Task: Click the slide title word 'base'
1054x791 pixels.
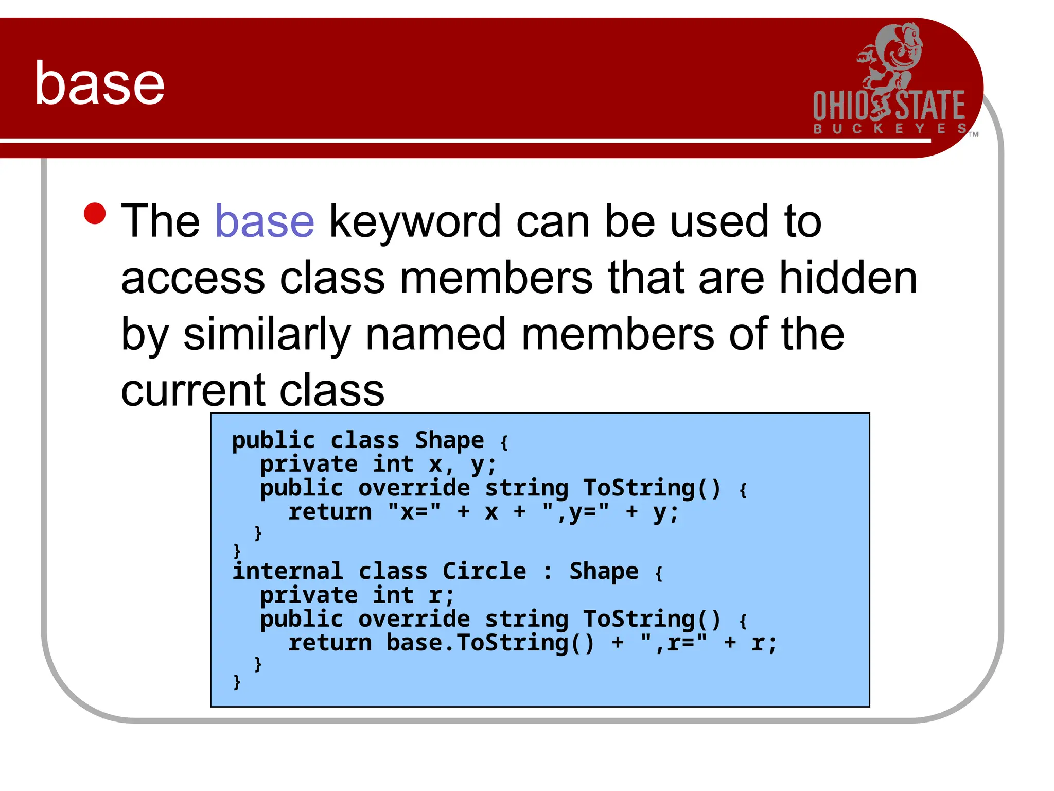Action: [99, 83]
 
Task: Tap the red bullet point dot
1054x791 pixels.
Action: [95, 214]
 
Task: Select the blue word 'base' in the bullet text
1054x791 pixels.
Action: [264, 221]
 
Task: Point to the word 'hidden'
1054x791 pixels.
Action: [848, 278]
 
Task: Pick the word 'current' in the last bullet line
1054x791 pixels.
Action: [192, 390]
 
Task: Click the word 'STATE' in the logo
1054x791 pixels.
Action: [930, 106]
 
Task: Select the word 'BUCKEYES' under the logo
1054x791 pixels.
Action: [890, 129]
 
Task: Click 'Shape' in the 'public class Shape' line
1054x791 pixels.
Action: [449, 440]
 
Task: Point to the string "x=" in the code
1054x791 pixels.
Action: [414, 512]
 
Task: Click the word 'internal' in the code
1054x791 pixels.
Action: [288, 571]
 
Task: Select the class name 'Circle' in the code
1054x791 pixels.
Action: [484, 571]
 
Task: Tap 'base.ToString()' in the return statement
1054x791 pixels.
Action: [490, 643]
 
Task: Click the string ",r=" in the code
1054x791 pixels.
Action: [674, 643]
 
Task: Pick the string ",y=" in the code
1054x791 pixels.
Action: [575, 512]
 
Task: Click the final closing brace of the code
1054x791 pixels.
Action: [237, 682]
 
